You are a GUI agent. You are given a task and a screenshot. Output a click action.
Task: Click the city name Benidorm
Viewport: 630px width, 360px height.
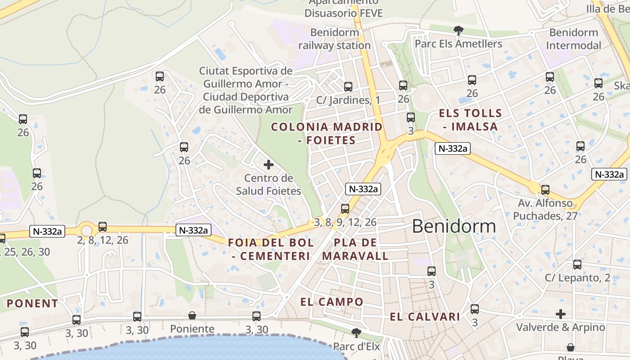(454, 226)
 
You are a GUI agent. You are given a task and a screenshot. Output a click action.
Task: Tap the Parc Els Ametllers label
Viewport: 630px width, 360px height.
(458, 44)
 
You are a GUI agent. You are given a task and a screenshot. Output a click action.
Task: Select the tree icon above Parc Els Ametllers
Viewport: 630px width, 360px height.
(459, 31)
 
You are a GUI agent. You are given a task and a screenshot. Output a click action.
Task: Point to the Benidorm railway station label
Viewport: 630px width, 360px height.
(334, 39)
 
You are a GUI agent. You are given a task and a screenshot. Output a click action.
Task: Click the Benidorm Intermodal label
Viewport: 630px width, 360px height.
(573, 39)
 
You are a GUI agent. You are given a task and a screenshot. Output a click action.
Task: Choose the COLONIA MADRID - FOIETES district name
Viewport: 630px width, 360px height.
(327, 133)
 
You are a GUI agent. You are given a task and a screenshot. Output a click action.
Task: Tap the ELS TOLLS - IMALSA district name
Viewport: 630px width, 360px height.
(470, 120)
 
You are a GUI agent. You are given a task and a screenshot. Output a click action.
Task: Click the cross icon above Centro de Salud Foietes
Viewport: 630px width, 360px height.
(269, 165)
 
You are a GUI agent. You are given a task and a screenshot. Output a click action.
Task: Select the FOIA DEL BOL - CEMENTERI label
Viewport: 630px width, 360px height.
(271, 249)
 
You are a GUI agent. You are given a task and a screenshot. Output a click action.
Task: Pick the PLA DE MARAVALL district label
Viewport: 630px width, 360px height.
(355, 249)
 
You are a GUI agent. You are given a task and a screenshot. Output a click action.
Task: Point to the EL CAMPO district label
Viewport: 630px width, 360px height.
(332, 301)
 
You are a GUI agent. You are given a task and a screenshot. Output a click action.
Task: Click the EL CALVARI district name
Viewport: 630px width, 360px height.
(425, 316)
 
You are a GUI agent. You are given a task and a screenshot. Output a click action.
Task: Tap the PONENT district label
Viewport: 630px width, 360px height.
(32, 303)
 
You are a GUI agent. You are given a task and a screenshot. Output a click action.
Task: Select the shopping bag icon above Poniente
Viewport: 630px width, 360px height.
(192, 315)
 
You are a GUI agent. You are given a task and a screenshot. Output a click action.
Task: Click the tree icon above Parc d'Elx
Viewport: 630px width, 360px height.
(356, 333)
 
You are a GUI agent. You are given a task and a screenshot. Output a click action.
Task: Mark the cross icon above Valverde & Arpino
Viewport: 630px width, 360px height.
(560, 314)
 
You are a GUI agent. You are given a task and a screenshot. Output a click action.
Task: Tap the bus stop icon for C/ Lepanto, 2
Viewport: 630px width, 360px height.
(577, 265)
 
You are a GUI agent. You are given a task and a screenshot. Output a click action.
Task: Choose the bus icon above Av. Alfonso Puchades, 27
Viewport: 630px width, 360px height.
(545, 190)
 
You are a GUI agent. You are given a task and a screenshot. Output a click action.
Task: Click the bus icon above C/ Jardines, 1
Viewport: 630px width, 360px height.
(348, 87)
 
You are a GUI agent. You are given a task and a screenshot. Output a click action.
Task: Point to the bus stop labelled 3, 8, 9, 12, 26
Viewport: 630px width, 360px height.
(345, 209)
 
